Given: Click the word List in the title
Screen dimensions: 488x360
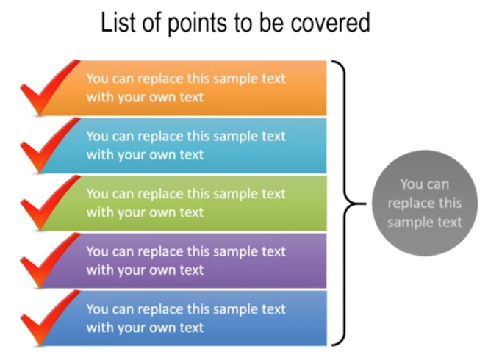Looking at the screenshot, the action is (x=119, y=22).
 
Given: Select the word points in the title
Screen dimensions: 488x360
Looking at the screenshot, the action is (x=197, y=24).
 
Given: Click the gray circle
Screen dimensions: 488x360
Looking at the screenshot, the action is (x=425, y=204).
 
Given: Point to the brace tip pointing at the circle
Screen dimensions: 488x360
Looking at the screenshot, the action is (x=365, y=204).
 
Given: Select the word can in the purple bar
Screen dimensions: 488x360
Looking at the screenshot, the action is (x=123, y=252).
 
